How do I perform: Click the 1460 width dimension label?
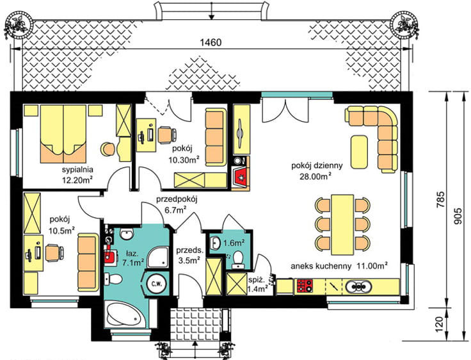point(211,42)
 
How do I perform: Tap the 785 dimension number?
point(440,199)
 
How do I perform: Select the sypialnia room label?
point(77,170)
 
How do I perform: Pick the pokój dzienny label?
point(317,165)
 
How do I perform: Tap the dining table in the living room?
point(342,225)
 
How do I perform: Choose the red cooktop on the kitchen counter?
point(305,286)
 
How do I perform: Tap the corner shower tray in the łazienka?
point(158,256)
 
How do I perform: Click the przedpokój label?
point(177,200)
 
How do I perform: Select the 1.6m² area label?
point(234,242)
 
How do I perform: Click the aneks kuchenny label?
point(321,266)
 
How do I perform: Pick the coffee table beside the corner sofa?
point(359,152)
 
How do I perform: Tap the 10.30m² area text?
point(184,160)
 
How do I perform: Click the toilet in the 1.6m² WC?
point(238,259)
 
